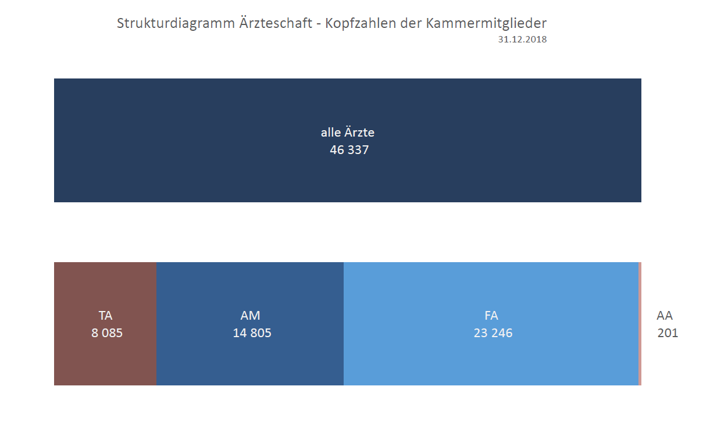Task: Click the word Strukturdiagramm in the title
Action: pos(174,24)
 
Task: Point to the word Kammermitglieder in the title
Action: pos(486,24)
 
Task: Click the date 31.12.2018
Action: pos(522,40)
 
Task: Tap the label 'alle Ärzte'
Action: pos(348,133)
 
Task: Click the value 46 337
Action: pos(349,150)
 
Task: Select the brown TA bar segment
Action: pos(105,360)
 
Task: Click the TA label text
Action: pos(105,316)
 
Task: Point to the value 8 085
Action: pos(107,334)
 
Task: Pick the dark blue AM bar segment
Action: pos(250,360)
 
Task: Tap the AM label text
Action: pos(251,316)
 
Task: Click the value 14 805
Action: pos(252,334)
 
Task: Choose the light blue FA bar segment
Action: pos(491,360)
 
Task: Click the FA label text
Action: pos(491,316)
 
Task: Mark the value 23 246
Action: pos(493,334)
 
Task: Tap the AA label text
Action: pos(665,316)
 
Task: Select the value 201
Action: pos(668,334)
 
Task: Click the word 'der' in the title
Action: pos(412,24)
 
